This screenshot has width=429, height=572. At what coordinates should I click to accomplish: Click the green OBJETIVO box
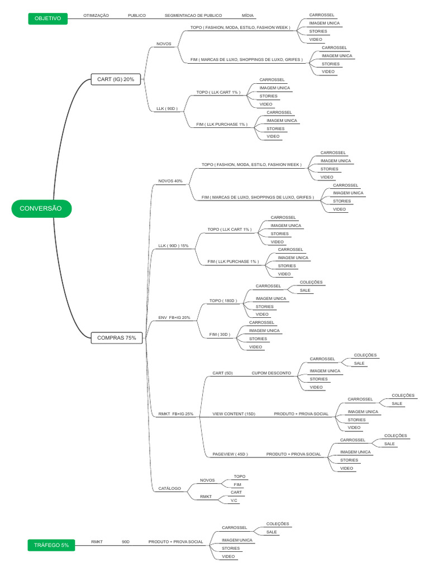pos(47,18)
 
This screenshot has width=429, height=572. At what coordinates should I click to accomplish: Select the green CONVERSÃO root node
pos(41,208)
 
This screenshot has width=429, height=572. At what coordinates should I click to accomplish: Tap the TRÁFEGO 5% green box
pos(51,545)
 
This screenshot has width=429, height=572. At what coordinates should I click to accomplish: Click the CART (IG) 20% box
pos(116,79)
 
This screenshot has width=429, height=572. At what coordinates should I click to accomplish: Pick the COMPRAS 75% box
pos(116,337)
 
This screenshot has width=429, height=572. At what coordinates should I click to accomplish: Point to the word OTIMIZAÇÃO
pos(96,16)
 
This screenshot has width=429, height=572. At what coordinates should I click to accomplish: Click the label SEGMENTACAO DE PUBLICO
pos(193,16)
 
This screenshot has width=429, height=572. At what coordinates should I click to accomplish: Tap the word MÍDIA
pos(247,16)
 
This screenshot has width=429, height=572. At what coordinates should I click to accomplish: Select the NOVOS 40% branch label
pos(170,181)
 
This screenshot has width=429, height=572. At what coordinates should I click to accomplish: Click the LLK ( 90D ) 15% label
pos(173,246)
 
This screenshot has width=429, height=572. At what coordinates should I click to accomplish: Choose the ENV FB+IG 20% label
pos(174,318)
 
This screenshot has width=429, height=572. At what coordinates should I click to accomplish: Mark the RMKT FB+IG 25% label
pos(175,414)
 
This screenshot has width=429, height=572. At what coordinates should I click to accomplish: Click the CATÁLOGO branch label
pos(170,488)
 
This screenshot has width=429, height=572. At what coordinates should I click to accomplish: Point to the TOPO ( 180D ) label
pos(223,301)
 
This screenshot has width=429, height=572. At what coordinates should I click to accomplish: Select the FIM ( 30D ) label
pos(220,335)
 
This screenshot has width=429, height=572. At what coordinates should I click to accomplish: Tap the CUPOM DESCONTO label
pos(271,373)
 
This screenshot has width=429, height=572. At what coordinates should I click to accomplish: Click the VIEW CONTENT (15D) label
pos(233,414)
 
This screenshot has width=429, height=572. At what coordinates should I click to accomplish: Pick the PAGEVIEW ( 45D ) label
pos(230,454)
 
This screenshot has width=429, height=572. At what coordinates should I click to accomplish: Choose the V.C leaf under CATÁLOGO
pos(234,500)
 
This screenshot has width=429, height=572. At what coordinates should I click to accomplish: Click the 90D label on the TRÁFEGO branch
pos(126,542)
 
